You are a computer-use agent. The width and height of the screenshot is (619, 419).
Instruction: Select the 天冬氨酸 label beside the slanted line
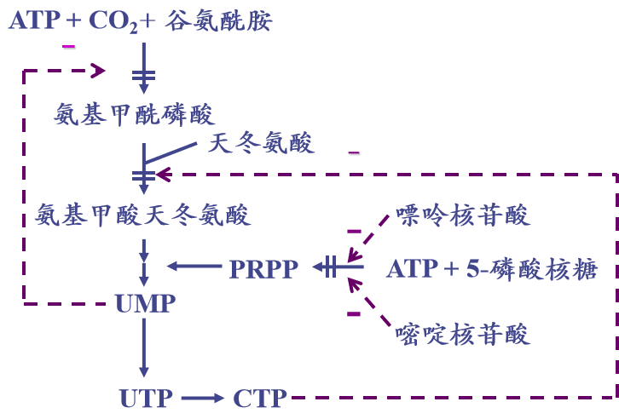click(261, 142)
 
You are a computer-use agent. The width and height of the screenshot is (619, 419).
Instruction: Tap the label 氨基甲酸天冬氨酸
click(143, 215)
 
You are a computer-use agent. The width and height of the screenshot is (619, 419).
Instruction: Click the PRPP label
click(263, 269)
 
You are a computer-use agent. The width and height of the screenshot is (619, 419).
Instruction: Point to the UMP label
click(145, 303)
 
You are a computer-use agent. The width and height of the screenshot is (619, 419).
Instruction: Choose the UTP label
click(147, 397)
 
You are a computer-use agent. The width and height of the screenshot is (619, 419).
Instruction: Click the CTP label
click(259, 397)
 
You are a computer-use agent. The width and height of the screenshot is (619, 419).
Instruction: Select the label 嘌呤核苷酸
click(463, 215)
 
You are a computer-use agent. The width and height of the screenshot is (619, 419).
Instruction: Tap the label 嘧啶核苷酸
click(463, 333)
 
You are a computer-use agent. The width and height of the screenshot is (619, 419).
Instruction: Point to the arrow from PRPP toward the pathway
click(194, 267)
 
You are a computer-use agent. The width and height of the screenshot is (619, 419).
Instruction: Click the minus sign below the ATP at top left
click(69, 45)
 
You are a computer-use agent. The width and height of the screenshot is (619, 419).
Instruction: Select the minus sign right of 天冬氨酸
click(354, 153)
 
